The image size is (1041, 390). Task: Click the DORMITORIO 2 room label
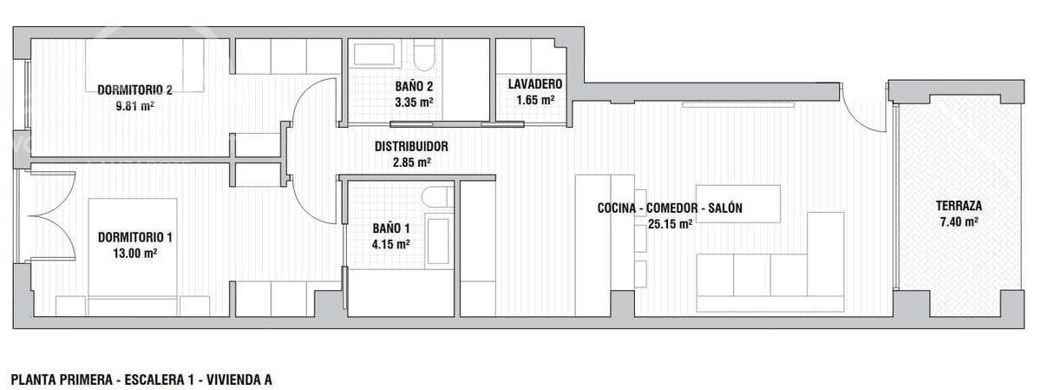[x=134, y=89]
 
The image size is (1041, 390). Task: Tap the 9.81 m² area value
[x=135, y=106]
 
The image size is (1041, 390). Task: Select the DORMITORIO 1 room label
[x=134, y=237]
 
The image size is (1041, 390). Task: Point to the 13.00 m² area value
[x=135, y=254]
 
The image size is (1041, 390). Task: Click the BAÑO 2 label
[x=413, y=86]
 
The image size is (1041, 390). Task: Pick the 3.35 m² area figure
[x=413, y=102]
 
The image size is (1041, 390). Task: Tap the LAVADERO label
[x=535, y=84]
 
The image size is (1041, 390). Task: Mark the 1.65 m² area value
[x=535, y=100]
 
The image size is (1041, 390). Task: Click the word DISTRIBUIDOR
[x=411, y=147]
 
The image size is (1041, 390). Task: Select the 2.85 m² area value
[x=411, y=162]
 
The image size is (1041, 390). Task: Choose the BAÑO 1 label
[x=390, y=228]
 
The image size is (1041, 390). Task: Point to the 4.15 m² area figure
[x=390, y=244]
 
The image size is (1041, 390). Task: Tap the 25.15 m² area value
[x=670, y=224]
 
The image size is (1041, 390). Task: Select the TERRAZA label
[x=959, y=206]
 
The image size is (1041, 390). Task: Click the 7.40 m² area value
[x=959, y=222]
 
